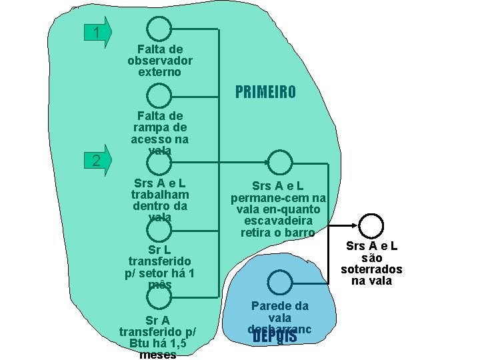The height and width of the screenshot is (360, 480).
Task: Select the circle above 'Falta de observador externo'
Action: [x=159, y=29]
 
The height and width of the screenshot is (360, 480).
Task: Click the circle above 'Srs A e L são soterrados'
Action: [x=371, y=225]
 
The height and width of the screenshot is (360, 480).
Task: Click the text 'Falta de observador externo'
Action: [x=160, y=60]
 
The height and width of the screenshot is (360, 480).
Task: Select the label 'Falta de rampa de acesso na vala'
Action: [x=160, y=133]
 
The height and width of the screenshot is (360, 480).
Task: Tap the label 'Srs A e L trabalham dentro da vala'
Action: [x=160, y=200]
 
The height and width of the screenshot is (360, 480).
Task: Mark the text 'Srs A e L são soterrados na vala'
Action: [x=372, y=263]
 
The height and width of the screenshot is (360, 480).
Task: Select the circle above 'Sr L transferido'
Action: [x=159, y=230]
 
